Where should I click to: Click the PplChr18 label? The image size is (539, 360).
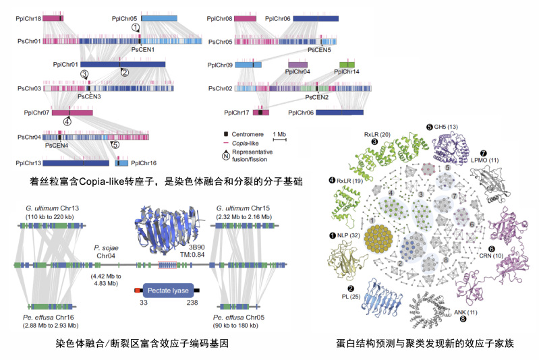[x=28, y=19]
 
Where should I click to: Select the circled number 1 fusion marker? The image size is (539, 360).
[x=136, y=28]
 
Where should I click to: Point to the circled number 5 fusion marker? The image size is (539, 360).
[x=115, y=143]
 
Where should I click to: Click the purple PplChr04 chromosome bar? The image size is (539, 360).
[x=298, y=63]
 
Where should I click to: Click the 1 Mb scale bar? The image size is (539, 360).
[x=281, y=140]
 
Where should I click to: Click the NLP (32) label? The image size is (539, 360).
[x=349, y=235]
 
